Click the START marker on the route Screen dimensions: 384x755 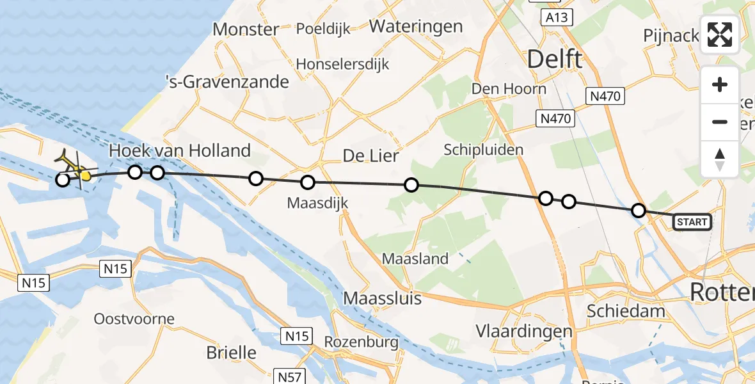tap(692, 222)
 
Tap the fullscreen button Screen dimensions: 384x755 tap(720, 35)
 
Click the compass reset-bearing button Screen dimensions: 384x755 tap(720, 159)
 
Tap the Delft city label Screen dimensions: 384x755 tap(554, 60)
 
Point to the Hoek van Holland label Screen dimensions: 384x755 tap(180, 151)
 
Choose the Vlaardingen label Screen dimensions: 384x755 tap(524, 332)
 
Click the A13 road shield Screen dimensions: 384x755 tap(556, 18)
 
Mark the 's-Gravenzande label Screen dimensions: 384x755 tap(226, 82)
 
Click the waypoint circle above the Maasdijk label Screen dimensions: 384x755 tap(308, 182)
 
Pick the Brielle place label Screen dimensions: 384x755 tap(231, 352)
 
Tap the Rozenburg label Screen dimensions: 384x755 tap(361, 342)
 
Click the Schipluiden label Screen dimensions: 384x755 tap(484, 150)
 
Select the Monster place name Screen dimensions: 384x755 tap(246, 29)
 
